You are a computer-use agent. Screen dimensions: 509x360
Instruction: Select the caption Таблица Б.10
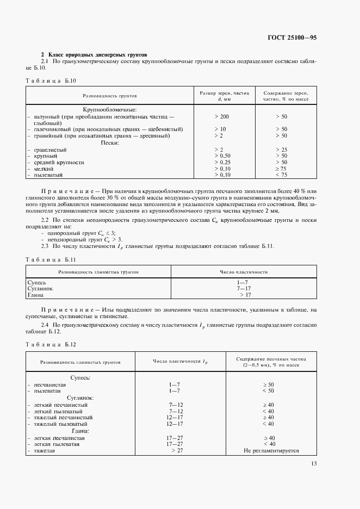(52, 80)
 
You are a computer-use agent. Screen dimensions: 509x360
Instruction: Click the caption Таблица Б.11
(52, 259)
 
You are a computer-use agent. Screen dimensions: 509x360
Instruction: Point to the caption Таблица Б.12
(52, 345)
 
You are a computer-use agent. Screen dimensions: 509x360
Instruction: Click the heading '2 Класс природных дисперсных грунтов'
(94, 55)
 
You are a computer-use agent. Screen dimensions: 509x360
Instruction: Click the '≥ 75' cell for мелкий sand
(281, 169)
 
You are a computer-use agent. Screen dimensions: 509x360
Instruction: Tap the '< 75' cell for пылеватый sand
(281, 175)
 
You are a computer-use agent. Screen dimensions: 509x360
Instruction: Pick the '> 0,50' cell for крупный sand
(223, 156)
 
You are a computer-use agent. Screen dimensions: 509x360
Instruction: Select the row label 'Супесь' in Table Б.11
(37, 283)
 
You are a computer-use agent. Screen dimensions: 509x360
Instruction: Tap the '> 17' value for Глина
(245, 295)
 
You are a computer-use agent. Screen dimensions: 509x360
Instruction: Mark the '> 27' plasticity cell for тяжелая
(177, 451)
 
